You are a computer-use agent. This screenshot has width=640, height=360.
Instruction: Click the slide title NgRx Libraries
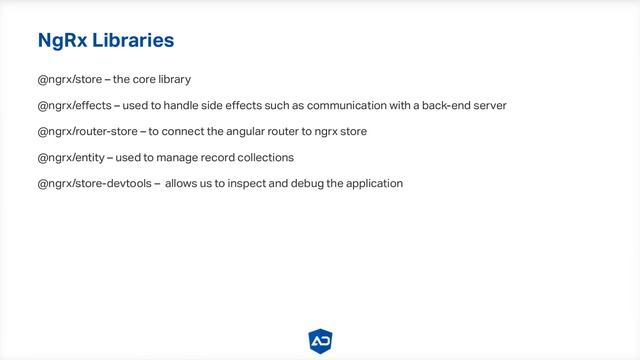click(x=105, y=40)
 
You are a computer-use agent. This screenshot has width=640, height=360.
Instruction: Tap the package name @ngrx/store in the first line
click(x=69, y=79)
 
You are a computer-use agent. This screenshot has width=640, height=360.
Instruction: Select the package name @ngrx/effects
click(x=74, y=105)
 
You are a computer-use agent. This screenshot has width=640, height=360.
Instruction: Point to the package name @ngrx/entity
click(x=70, y=157)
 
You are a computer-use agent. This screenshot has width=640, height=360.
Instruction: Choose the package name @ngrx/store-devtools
click(x=95, y=183)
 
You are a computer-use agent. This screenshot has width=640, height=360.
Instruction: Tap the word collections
click(x=262, y=157)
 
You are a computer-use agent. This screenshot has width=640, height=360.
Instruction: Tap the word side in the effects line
click(x=217, y=105)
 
